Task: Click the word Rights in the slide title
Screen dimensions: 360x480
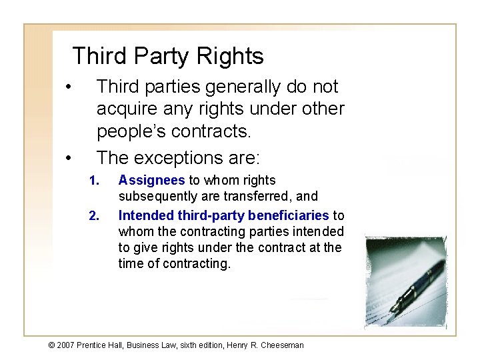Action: point(229,57)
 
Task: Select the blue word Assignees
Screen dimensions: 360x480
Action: point(151,181)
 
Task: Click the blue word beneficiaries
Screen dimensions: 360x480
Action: point(289,215)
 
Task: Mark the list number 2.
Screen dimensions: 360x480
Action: point(93,215)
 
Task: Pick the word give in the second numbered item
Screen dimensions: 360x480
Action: point(145,247)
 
